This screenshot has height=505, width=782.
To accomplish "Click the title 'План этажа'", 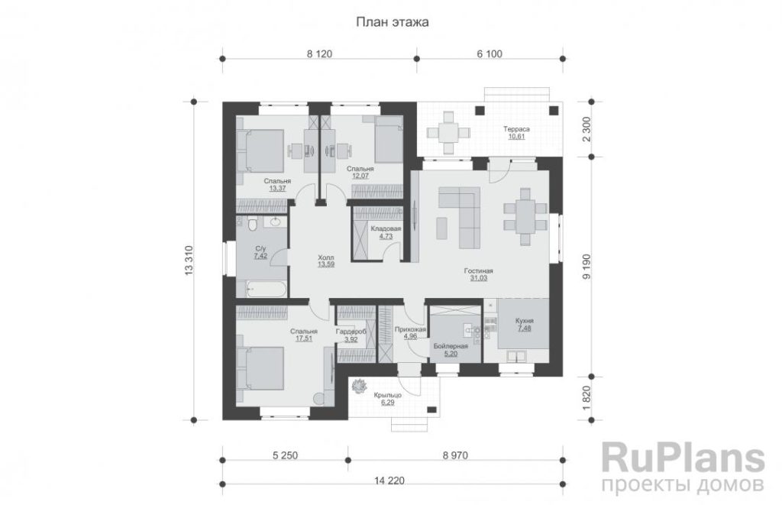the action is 392,22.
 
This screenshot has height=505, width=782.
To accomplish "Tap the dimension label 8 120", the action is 319,54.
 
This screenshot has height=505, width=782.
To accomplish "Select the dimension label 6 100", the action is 490,54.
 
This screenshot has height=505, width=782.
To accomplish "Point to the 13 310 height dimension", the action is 189,261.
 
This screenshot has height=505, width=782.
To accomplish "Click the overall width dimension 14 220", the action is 389,481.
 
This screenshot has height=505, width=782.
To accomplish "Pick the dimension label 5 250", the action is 285,455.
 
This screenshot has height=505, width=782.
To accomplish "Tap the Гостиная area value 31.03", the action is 478,278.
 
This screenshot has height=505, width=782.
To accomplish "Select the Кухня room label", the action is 525,321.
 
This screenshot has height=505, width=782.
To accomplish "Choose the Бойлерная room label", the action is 451,346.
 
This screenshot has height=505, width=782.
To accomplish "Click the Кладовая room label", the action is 386,229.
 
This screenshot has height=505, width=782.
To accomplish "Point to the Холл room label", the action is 325,257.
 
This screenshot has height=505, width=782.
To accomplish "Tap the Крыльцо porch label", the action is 387,395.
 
